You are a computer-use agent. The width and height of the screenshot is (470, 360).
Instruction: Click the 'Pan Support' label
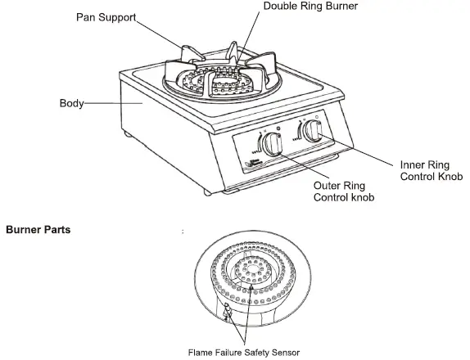pos(106,17)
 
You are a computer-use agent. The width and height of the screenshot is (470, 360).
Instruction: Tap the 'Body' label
pos(71,104)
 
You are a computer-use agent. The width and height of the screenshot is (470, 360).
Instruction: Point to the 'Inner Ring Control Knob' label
pos(431,170)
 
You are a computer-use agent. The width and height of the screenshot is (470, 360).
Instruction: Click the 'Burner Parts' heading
pos(38,230)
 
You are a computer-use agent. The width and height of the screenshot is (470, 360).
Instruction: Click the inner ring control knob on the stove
pos(312,133)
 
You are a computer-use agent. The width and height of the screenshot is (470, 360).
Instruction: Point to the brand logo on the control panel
pos(251,164)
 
